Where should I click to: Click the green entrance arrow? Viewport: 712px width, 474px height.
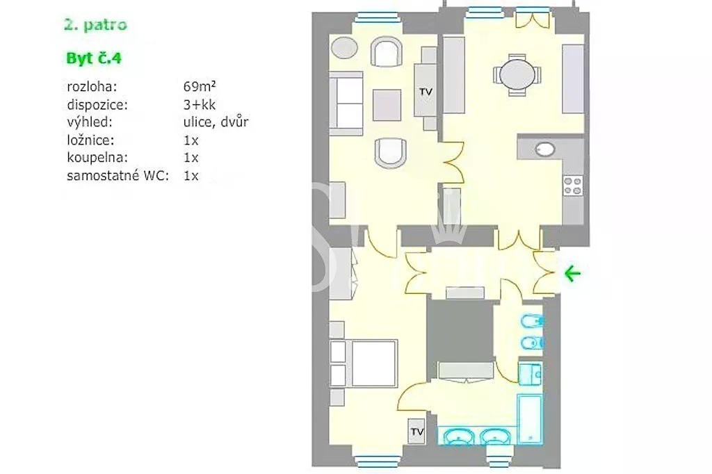click(573, 273)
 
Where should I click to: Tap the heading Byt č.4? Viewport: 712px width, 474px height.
click(94, 58)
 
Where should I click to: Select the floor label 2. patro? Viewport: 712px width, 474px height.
click(95, 24)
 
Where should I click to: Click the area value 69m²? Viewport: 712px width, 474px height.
click(200, 86)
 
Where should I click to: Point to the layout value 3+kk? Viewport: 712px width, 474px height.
click(200, 105)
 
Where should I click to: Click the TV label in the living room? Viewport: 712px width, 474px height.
click(426, 92)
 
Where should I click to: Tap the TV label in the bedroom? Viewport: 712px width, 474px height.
click(417, 432)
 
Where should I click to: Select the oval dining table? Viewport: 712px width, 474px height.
click(517, 75)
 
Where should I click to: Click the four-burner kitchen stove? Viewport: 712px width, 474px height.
click(573, 186)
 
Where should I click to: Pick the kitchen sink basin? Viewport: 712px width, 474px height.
click(545, 149)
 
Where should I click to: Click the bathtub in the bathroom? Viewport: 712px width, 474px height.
click(531, 418)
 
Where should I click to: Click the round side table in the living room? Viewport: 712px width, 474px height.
click(345, 48)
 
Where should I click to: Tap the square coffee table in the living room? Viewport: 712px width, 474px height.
click(387, 105)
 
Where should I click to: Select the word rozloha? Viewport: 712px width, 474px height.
click(92, 86)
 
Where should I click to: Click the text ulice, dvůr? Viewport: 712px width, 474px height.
click(216, 122)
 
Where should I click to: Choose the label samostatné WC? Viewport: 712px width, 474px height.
click(118, 175)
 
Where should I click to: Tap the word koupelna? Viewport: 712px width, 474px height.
click(97, 158)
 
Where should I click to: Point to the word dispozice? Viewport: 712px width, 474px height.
click(97, 105)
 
